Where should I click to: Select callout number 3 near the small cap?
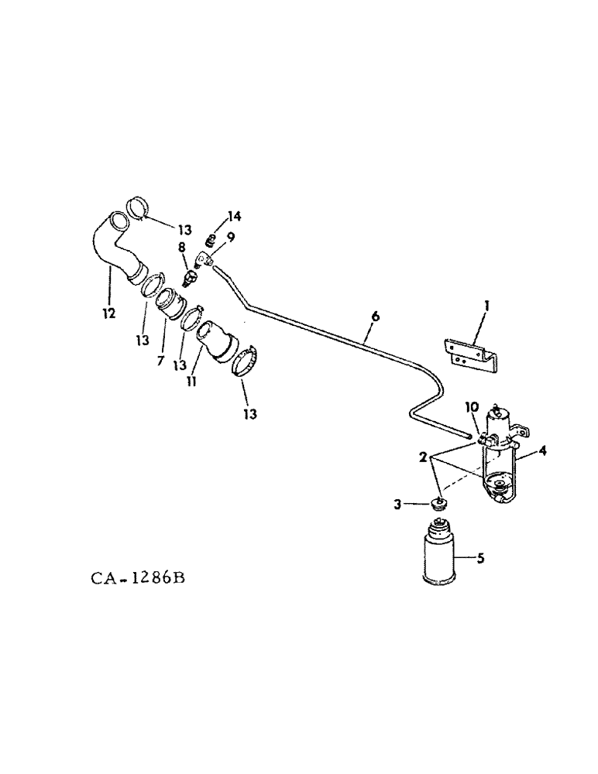pyautogui.click(x=418, y=504)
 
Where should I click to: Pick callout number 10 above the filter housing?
pyautogui.click(x=472, y=407)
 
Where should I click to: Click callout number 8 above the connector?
pyautogui.click(x=183, y=247)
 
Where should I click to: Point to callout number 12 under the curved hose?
pyautogui.click(x=108, y=313)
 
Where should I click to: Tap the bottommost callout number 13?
pyautogui.click(x=249, y=413)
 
